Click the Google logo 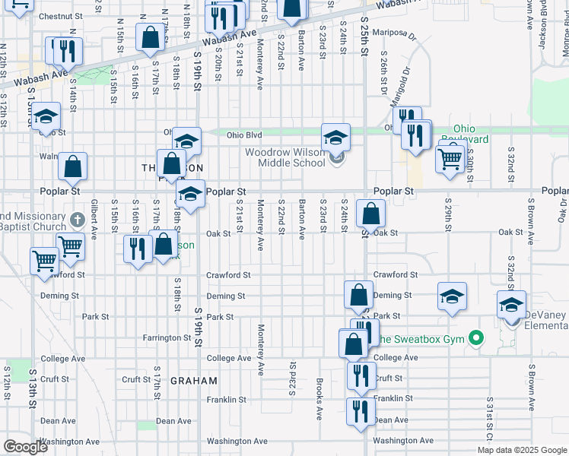(x=24, y=447)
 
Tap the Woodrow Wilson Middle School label (x=285, y=157)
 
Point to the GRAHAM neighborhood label (x=193, y=380)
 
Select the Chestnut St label (x=54, y=16)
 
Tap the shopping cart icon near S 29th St (x=450, y=159)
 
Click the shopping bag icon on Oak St (x=370, y=214)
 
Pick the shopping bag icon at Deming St (x=358, y=295)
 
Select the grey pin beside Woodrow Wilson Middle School (x=338, y=158)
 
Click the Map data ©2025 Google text (x=521, y=450)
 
